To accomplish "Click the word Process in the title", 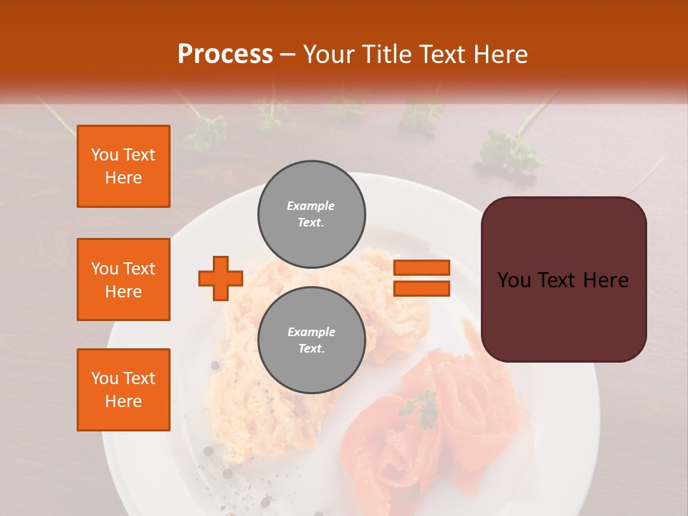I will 225,54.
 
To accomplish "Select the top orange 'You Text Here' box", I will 123,166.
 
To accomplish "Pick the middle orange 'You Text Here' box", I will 123,279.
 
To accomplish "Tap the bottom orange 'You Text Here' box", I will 123,390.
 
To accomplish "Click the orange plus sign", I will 221,278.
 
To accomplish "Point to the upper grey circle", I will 312,214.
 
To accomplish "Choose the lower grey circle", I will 312,340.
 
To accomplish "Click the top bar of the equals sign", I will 421,267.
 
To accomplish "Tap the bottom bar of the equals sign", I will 421,288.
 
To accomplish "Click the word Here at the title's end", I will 501,54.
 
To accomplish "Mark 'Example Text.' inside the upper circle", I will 311,214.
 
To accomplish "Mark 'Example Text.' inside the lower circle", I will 311,340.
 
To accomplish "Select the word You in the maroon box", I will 514,280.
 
